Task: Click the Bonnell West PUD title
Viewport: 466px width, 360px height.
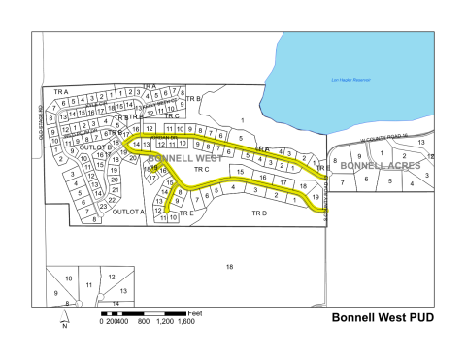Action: pyautogui.click(x=382, y=317)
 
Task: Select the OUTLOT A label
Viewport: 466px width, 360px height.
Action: pyautogui.click(x=127, y=210)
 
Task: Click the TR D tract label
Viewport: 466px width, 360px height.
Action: pyautogui.click(x=258, y=212)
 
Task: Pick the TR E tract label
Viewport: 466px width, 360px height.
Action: pyautogui.click(x=187, y=212)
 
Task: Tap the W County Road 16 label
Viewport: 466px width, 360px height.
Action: pyautogui.click(x=381, y=139)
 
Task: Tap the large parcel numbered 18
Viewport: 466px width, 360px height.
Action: pyautogui.click(x=230, y=266)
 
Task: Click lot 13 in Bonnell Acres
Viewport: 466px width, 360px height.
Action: pyautogui.click(x=420, y=143)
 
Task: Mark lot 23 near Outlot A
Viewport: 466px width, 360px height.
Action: pyautogui.click(x=103, y=206)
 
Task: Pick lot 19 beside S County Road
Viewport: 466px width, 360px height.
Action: pyautogui.click(x=315, y=197)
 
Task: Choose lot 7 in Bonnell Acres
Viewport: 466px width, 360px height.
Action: pyautogui.click(x=342, y=182)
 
